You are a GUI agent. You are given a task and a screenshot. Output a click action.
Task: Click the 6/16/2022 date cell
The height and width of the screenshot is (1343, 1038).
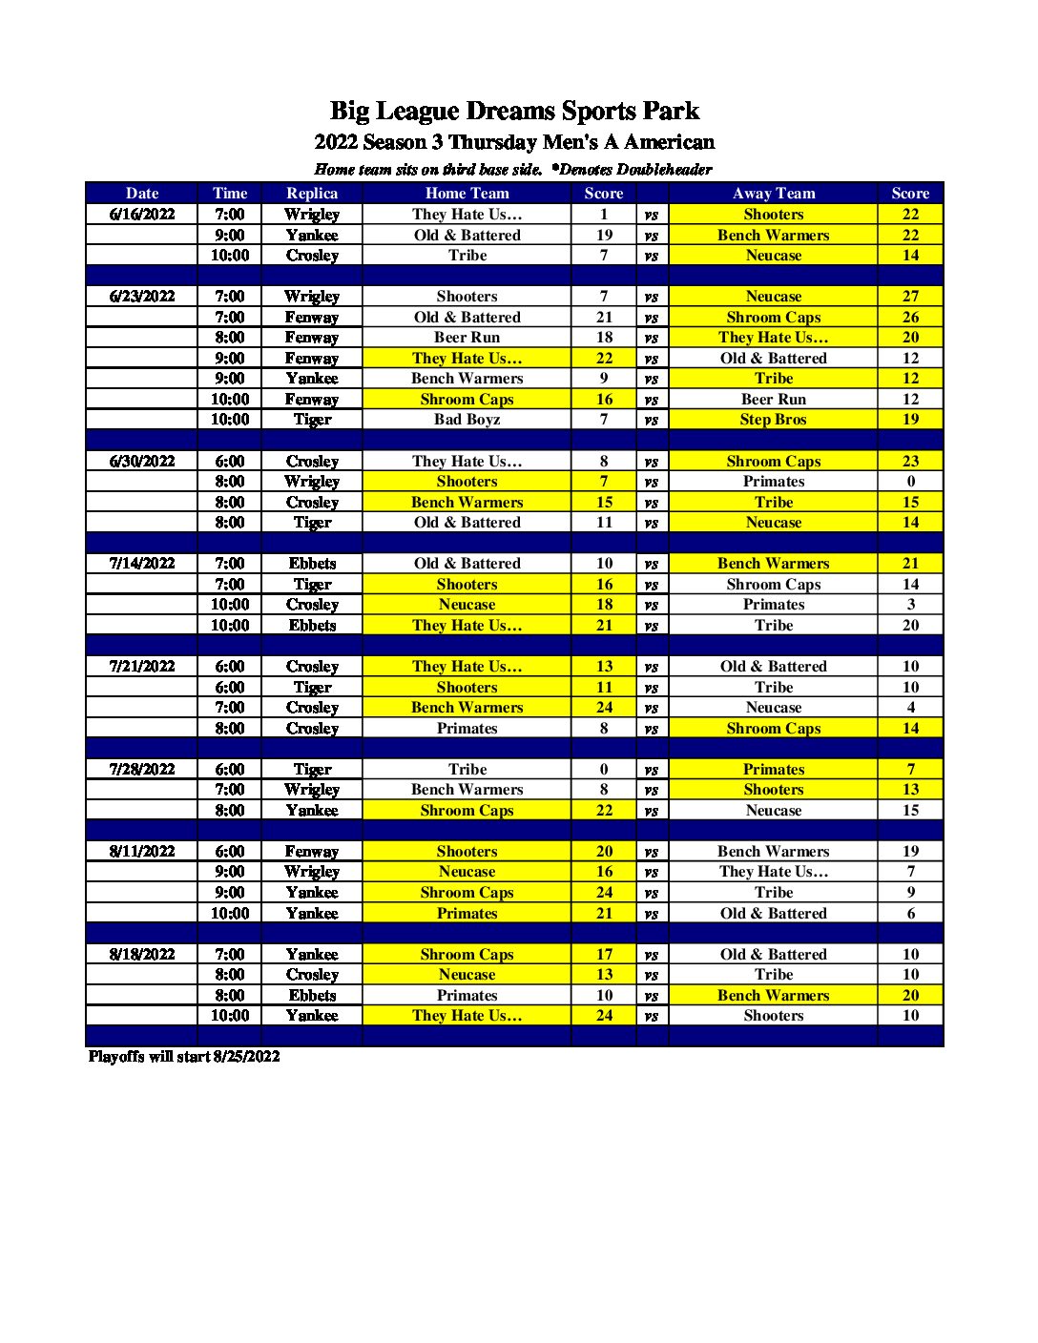pos(142,215)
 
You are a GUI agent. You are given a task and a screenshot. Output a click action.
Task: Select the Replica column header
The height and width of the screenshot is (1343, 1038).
pos(312,193)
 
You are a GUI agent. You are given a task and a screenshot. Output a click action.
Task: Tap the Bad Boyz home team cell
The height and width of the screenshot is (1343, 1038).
pos(467,420)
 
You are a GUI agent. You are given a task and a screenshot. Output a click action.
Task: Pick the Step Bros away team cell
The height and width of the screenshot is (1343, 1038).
pos(773,420)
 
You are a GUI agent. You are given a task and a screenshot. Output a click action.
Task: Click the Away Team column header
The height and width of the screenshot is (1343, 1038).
pos(773,193)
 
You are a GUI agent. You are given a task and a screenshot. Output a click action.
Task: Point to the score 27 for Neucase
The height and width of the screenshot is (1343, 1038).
pos(910,297)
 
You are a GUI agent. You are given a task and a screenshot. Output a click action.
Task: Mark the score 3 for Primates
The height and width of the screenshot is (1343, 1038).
pos(910,605)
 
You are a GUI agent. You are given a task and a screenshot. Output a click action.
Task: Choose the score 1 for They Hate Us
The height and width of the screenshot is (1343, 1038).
pos(604,215)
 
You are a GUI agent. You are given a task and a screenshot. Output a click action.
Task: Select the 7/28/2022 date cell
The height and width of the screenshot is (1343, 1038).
pos(142,770)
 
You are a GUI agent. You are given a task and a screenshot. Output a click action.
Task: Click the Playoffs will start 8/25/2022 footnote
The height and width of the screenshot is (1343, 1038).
pos(184,1056)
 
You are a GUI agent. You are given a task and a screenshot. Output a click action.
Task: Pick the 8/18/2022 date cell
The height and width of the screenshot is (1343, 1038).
pos(142,955)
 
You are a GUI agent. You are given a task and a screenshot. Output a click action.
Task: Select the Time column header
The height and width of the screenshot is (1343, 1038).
pos(230,193)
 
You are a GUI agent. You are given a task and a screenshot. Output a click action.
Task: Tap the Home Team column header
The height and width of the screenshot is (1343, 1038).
pos(467,193)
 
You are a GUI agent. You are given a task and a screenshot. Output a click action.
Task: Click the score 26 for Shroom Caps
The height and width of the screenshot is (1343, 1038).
pos(910,318)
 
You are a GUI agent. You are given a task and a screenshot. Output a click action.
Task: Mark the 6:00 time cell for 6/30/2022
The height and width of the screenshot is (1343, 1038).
pos(230,462)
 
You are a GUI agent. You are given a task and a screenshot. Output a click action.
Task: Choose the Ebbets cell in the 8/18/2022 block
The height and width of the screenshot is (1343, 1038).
pos(312,996)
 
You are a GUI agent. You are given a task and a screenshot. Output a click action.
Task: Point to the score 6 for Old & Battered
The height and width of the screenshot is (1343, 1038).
pos(910,914)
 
